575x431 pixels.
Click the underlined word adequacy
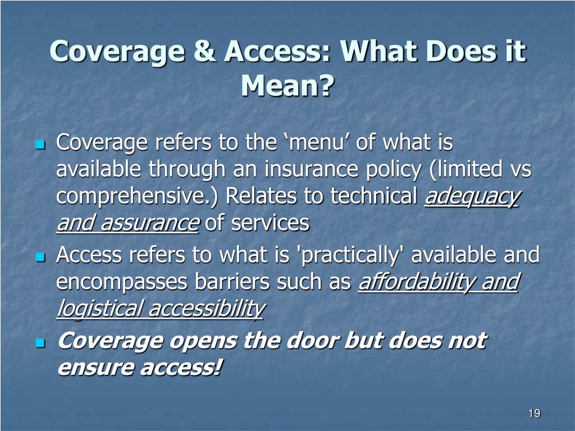click(x=472, y=196)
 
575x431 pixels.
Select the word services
click(x=271, y=223)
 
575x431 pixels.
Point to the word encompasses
click(x=122, y=282)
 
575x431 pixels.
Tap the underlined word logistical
click(x=99, y=309)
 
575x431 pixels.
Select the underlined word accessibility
click(x=206, y=309)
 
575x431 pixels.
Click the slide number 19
click(x=534, y=414)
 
